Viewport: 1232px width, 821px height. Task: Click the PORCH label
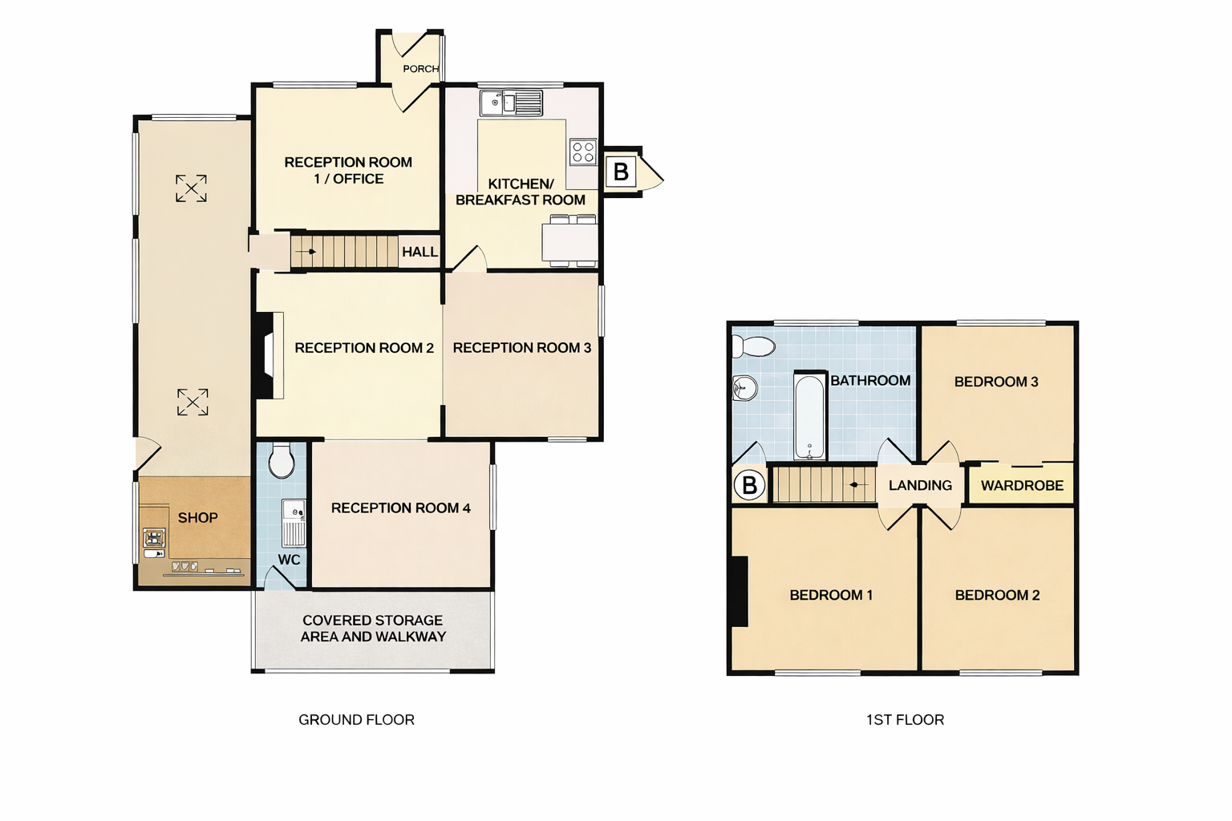tap(421, 69)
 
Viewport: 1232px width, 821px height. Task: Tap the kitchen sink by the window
tap(511, 103)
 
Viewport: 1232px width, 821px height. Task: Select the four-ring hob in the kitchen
tap(583, 152)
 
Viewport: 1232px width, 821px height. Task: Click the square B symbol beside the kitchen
tap(621, 172)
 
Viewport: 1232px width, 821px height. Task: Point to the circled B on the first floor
tap(749, 486)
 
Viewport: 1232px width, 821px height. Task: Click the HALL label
tap(419, 252)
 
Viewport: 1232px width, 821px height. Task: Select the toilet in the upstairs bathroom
tap(753, 346)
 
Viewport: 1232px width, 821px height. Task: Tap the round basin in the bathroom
tap(744, 389)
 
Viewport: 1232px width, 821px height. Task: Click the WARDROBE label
tap(1022, 486)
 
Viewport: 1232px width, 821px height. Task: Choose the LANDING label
tap(920, 485)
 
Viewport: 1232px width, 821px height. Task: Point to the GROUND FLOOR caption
tap(356, 720)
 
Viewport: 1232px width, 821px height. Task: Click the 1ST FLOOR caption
tap(905, 720)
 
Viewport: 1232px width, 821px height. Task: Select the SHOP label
tap(198, 517)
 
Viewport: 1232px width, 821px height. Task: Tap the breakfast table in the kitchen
tap(569, 241)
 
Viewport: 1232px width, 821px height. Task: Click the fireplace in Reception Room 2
tap(269, 355)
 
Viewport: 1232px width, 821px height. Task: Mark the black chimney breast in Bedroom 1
tap(740, 591)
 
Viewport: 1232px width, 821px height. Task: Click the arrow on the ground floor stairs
tap(306, 252)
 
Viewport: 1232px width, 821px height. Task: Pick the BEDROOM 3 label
tap(996, 382)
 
